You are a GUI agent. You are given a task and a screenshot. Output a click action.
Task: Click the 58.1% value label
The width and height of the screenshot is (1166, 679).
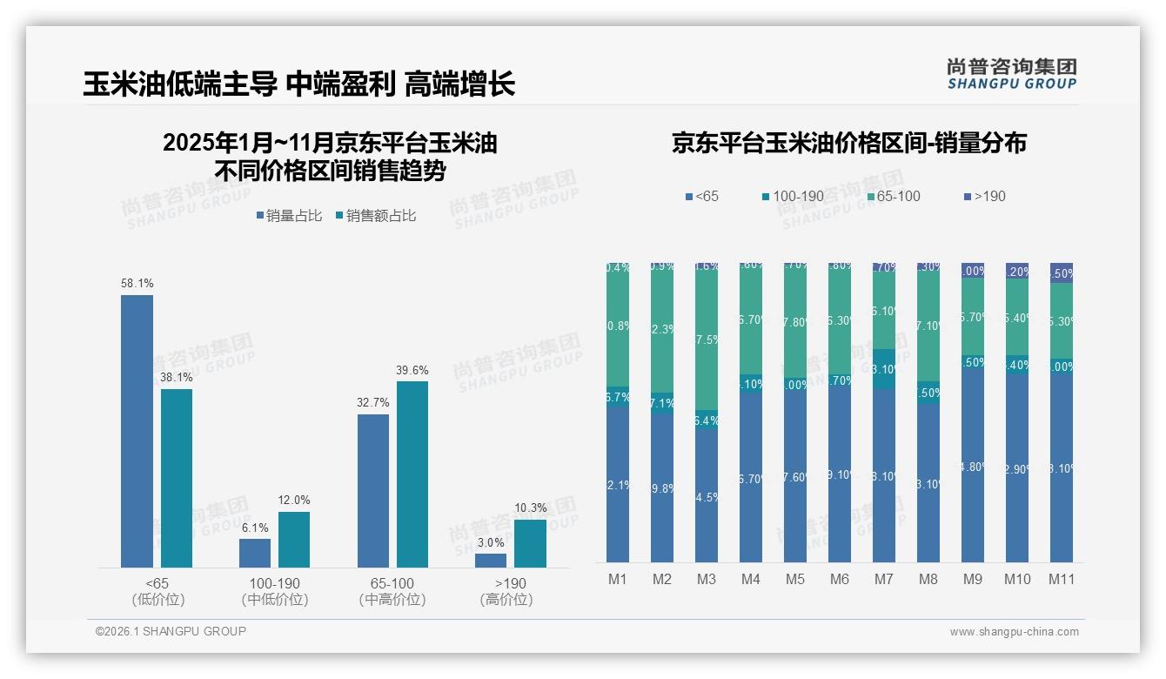[x=137, y=284]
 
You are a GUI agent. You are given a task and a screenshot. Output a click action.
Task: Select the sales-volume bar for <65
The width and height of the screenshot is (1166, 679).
[x=137, y=431]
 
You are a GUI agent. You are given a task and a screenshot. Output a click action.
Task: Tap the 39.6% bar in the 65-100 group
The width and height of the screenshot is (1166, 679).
[x=412, y=474]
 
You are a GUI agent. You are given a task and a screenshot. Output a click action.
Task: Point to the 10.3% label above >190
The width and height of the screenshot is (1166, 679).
[x=530, y=508]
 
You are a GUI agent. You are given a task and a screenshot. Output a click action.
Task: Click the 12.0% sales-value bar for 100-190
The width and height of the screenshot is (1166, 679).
[x=294, y=540]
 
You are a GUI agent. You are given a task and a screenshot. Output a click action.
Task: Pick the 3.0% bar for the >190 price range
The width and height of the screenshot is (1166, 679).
[x=491, y=561]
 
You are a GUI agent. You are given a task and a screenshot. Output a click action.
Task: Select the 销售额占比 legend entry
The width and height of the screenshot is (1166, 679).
[x=375, y=216]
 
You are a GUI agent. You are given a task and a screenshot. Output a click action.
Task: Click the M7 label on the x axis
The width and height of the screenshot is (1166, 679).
[x=883, y=580]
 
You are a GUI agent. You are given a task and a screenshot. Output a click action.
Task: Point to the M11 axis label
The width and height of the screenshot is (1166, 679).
[x=1061, y=580]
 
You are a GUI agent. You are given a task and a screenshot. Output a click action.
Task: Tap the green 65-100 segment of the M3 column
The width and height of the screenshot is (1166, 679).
[x=707, y=339]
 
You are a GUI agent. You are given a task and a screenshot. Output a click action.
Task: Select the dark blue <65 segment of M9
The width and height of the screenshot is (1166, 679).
[x=972, y=466]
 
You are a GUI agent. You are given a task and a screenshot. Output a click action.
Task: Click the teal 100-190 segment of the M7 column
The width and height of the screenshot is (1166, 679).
[x=883, y=369]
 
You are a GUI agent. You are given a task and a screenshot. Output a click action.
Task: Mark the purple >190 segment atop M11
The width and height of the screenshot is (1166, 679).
[x=1061, y=272]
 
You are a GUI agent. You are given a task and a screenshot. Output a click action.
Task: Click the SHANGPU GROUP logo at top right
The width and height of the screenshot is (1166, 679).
[x=1011, y=74]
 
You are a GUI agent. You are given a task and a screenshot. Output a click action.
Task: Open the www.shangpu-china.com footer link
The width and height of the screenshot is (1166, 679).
[x=1014, y=632]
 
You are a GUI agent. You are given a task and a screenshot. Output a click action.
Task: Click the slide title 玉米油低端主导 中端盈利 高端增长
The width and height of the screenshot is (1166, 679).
[x=299, y=84]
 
